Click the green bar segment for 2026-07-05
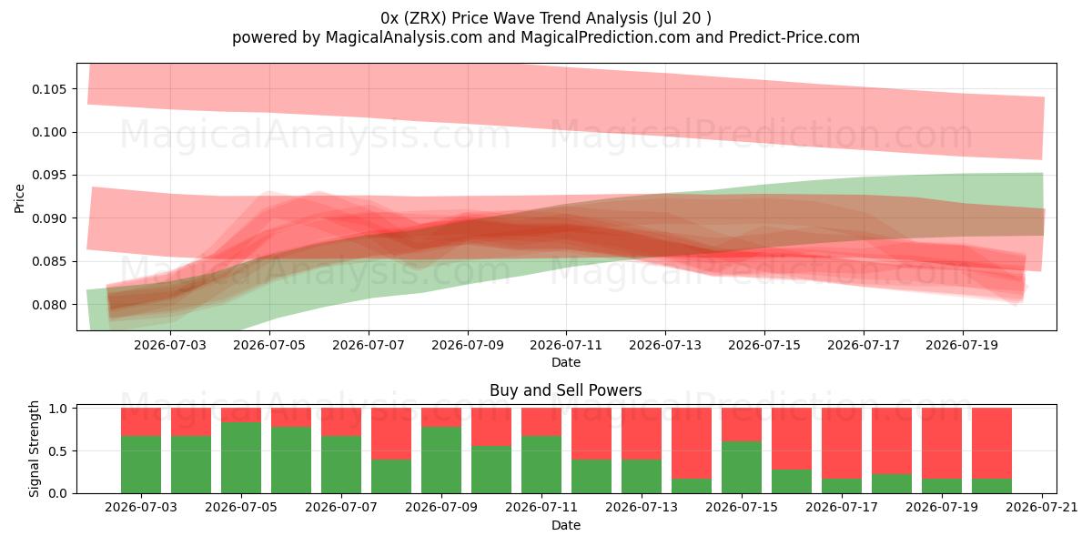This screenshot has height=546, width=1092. click(x=241, y=458)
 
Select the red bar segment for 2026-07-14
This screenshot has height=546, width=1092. click(x=692, y=443)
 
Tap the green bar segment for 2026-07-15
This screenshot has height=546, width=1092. click(x=742, y=468)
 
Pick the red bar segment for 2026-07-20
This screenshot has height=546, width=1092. click(x=992, y=443)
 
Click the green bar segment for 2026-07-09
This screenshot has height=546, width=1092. click(x=441, y=460)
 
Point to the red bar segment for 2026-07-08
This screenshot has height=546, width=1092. click(x=391, y=434)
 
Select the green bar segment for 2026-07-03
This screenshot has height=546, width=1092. click(x=141, y=465)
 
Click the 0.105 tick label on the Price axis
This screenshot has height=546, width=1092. click(x=48, y=89)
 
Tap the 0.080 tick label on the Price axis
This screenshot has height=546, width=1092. click(x=48, y=305)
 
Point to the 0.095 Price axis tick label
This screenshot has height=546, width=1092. click(x=48, y=176)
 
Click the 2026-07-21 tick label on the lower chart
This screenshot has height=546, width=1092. click(x=1042, y=508)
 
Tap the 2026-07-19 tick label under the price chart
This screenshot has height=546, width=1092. click(x=962, y=345)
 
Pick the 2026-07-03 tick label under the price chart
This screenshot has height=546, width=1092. click(x=170, y=345)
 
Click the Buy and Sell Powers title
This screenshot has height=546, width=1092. click(x=565, y=390)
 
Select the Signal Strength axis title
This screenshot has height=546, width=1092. click(x=34, y=449)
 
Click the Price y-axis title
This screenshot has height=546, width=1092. click(x=19, y=198)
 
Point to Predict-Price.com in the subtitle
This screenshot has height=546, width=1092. click(x=794, y=37)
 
